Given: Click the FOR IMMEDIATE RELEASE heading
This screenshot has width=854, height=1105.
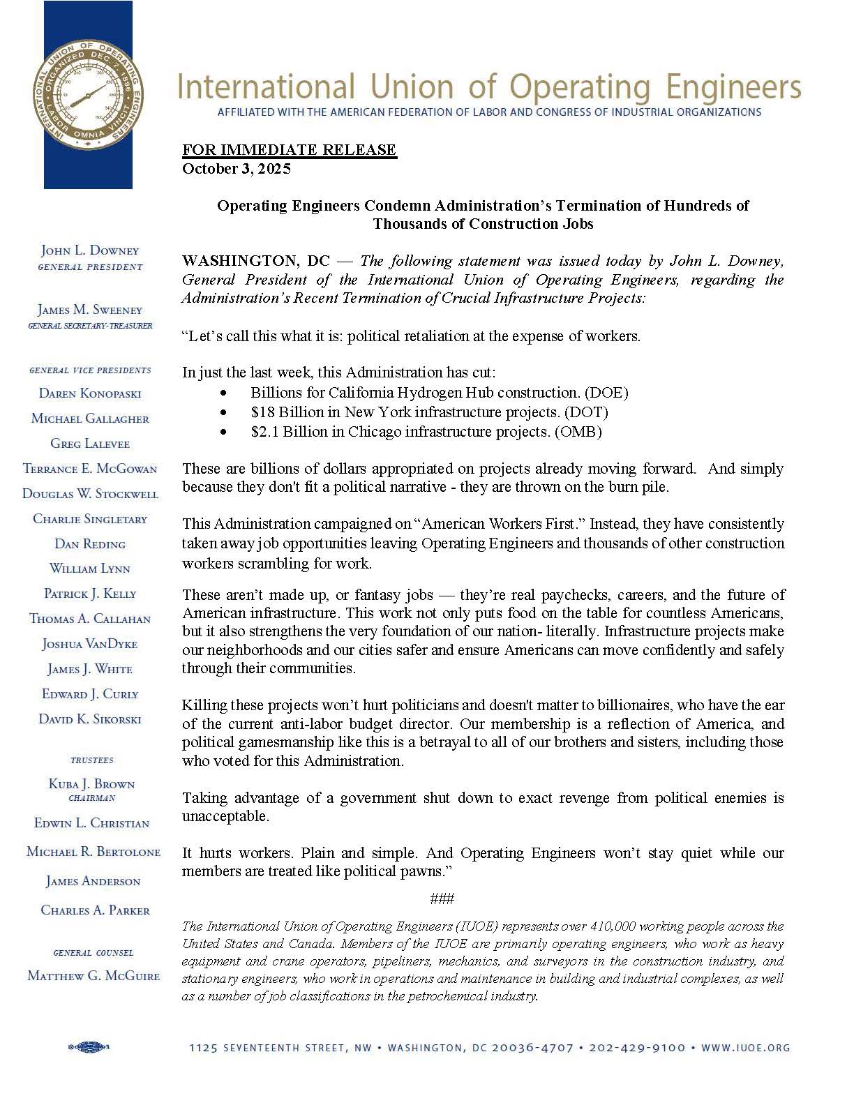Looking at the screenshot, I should [x=290, y=150].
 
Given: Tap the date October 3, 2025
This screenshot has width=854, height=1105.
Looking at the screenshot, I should [x=237, y=169].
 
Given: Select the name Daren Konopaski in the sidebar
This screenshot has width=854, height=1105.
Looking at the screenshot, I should [x=90, y=393].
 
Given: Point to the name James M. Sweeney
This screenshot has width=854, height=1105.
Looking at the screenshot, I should [x=90, y=310].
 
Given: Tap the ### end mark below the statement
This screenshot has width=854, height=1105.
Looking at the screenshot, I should [x=442, y=899].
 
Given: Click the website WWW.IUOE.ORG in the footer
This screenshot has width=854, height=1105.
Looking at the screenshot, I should [x=745, y=1048].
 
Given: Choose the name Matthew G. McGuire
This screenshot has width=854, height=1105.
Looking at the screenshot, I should [x=93, y=976].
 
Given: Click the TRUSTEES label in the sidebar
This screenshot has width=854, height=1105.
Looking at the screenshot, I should [x=91, y=760].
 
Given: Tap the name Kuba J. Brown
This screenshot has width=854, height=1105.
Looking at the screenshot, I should [x=91, y=784].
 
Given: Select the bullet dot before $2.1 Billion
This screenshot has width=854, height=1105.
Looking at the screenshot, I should [x=223, y=433].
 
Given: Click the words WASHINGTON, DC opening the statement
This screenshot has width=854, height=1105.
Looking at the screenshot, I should [x=255, y=262].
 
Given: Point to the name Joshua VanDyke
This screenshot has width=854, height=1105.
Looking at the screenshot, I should [x=90, y=644].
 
